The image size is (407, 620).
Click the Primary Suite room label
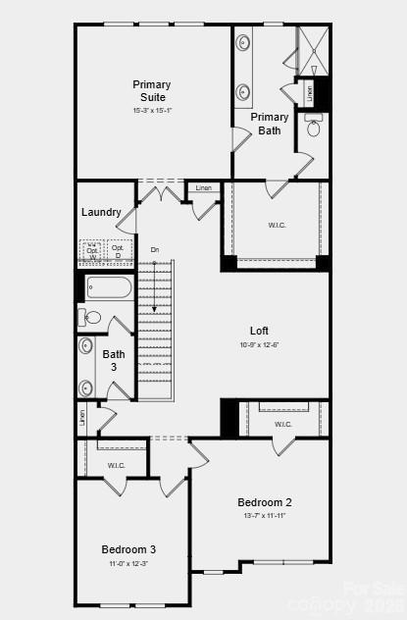coord(152,90)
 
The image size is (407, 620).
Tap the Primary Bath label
coord(270,124)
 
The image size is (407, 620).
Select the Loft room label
coord(259,331)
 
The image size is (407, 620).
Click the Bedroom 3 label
coord(128,549)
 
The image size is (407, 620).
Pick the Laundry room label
coord(101,212)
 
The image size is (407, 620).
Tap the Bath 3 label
coord(114,360)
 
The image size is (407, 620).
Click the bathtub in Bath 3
coord(109,287)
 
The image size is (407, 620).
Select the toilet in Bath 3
coord(89,317)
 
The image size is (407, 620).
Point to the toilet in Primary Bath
coord(314,128)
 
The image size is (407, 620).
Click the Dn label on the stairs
coord(155,250)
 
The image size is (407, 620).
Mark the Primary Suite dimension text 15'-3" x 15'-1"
coord(152,110)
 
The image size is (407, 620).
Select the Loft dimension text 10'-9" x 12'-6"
coord(259,344)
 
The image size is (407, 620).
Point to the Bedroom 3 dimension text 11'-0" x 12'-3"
coord(128,563)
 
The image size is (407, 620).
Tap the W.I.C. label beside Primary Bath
coord(277,225)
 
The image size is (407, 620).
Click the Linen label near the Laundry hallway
coord(203,188)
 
